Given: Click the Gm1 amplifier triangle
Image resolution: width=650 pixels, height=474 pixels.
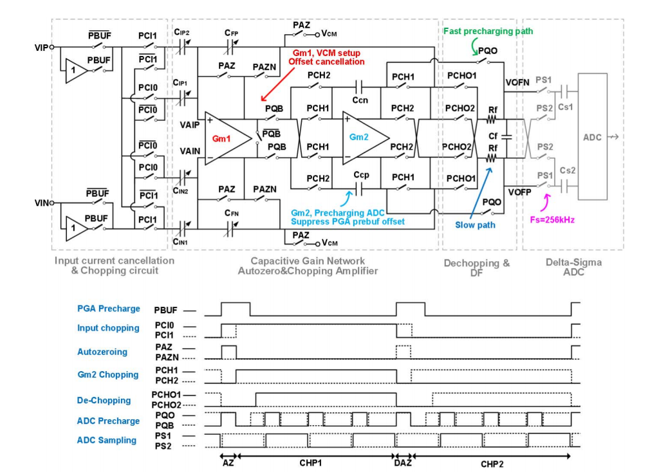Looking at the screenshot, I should (224, 138).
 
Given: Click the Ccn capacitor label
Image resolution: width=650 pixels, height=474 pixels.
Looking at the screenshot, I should (360, 101).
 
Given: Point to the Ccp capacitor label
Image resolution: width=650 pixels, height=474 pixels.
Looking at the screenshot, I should (361, 175).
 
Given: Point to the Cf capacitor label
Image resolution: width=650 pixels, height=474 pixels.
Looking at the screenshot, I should (492, 136).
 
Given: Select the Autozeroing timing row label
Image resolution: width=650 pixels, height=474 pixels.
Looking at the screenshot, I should (102, 352).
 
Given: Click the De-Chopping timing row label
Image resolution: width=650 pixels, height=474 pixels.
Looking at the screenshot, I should (104, 400).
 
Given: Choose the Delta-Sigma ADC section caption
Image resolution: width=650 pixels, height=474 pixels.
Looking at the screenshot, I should (572, 266).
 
